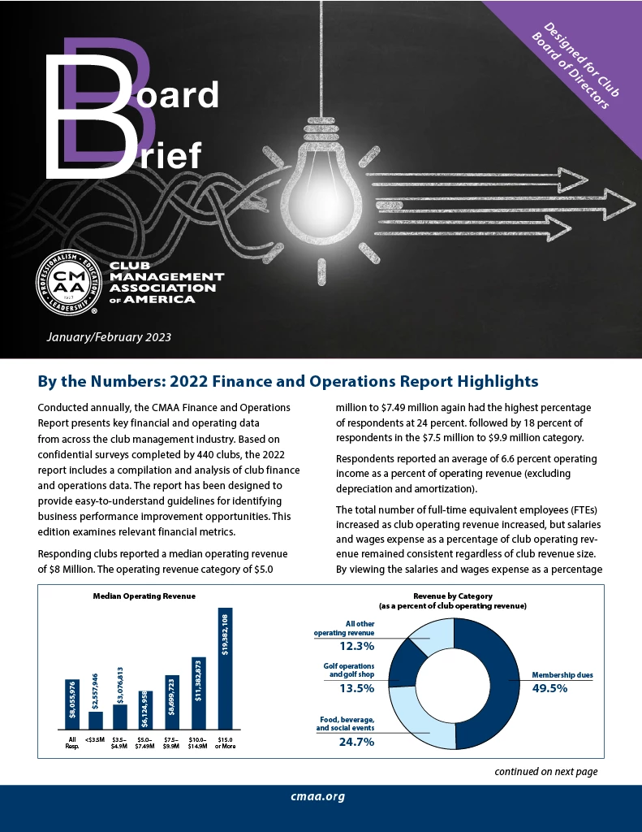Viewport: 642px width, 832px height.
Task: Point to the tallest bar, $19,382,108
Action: coord(225,668)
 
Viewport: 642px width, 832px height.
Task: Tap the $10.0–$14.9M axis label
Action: coord(198,743)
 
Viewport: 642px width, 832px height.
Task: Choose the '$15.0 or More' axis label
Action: coord(225,743)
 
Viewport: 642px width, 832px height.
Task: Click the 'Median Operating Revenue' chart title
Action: coord(144,596)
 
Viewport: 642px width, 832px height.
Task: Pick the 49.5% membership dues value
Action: coord(549,688)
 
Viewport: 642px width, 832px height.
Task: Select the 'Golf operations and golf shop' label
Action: coord(349,669)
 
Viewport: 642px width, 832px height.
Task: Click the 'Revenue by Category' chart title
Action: coord(453,596)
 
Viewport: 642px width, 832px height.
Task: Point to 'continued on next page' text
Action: coord(545,771)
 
